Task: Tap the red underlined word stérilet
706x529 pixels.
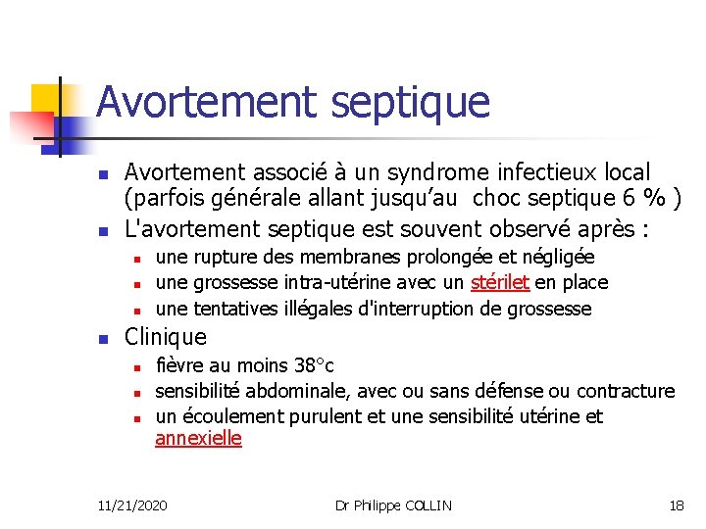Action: click(500, 282)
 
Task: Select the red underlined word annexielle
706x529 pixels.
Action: click(198, 438)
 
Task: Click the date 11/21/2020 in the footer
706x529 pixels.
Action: click(132, 505)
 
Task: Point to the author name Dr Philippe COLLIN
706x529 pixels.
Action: click(393, 505)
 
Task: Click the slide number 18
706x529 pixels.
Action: click(676, 505)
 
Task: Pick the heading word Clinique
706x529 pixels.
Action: click(166, 337)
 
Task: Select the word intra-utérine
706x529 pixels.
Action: click(335, 282)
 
